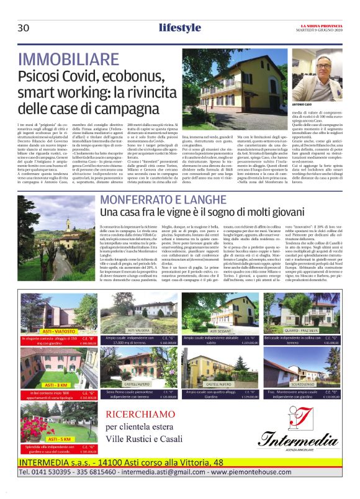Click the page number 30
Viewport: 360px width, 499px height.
coord(24,28)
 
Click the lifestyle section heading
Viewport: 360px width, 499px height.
coord(179,27)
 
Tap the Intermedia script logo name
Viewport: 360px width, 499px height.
coord(291,441)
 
